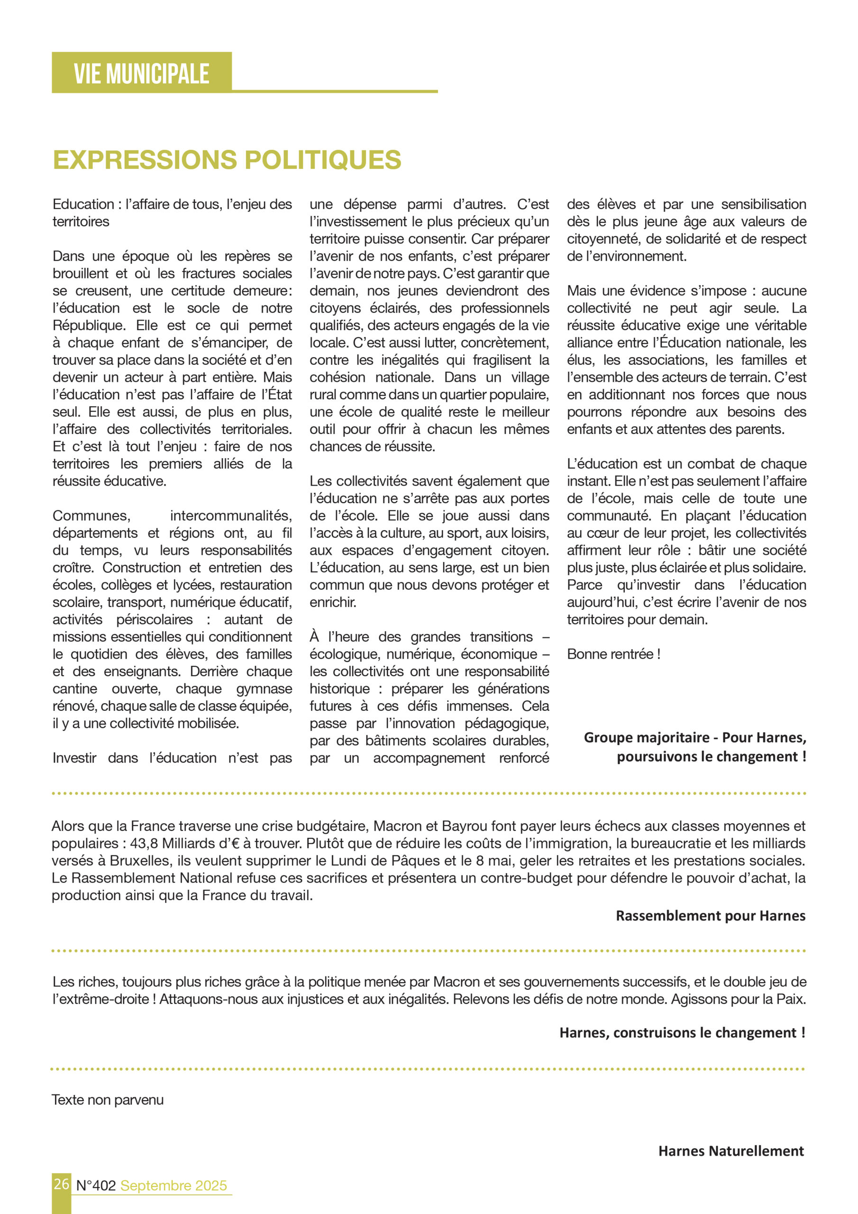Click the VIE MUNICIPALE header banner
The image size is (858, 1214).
pyautogui.click(x=142, y=73)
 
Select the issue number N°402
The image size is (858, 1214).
pyautogui.click(x=96, y=1186)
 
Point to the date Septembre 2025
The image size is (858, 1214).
pyautogui.click(x=173, y=1186)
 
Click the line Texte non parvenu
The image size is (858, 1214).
pyautogui.click(x=108, y=1100)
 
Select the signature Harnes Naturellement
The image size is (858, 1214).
pyautogui.click(x=730, y=1151)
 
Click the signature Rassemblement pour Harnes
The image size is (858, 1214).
pyautogui.click(x=710, y=916)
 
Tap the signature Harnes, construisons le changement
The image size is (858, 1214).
pyautogui.click(x=682, y=1033)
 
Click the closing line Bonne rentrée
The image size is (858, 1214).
pyautogui.click(x=613, y=654)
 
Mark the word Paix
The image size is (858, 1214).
pyautogui.click(x=790, y=999)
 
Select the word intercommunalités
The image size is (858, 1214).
pyautogui.click(x=230, y=515)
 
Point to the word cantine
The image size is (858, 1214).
pyautogui.click(x=74, y=689)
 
